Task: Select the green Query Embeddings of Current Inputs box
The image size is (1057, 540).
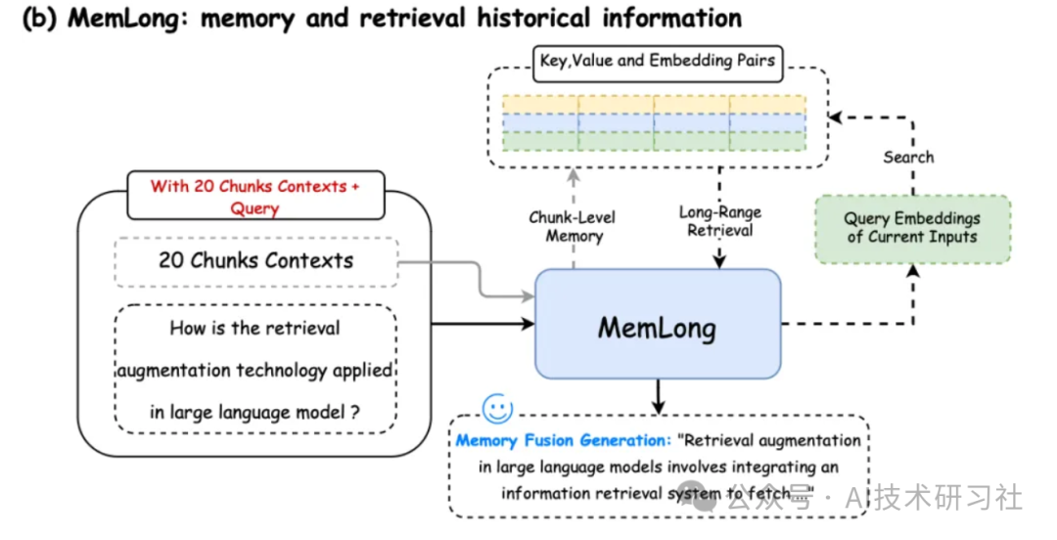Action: [x=911, y=228]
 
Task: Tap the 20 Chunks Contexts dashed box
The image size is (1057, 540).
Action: [x=255, y=261]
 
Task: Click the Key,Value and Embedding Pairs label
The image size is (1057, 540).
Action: [x=658, y=61]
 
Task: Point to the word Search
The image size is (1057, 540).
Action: [x=908, y=157]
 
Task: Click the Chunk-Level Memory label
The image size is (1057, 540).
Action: [x=573, y=226]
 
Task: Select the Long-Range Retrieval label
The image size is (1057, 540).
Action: [x=719, y=221]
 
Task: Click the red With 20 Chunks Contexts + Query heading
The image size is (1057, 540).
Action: [x=255, y=196]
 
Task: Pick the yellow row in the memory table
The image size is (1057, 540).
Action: [x=654, y=104]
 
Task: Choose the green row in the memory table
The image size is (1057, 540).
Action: [x=654, y=140]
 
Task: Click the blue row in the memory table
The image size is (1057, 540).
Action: [x=654, y=122]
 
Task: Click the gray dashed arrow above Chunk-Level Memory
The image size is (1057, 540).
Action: [x=574, y=181]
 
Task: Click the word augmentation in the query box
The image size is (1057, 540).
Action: [x=174, y=371]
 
